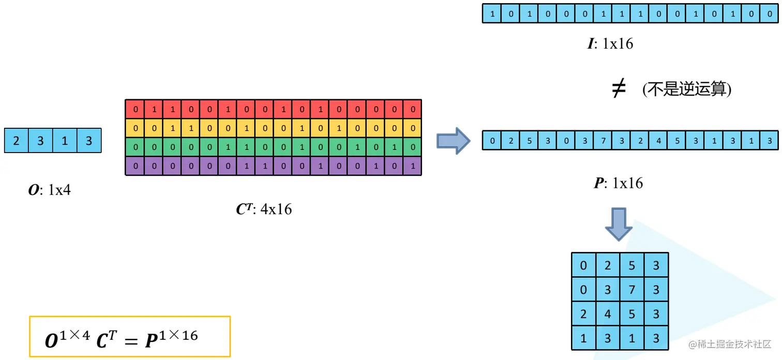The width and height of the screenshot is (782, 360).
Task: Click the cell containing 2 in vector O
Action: [x=17, y=141]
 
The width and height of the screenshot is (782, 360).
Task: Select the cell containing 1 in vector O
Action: [x=65, y=141]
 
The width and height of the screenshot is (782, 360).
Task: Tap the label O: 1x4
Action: [x=49, y=190]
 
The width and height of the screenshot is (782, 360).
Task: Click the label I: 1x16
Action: [x=610, y=43]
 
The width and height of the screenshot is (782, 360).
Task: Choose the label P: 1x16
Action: [x=618, y=183]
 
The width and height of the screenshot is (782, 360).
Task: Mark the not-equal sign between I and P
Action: [x=619, y=90]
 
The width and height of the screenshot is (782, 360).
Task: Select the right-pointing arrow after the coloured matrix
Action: [x=453, y=141]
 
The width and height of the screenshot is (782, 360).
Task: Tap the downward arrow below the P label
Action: [x=619, y=223]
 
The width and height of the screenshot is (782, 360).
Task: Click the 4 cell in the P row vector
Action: [x=658, y=141]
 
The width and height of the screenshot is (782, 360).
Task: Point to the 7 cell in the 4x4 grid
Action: [x=632, y=290]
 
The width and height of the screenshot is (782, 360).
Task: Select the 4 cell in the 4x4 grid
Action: [x=608, y=314]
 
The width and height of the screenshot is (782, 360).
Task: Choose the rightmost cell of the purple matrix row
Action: [x=412, y=166]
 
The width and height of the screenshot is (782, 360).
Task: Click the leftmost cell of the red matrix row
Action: [x=136, y=109]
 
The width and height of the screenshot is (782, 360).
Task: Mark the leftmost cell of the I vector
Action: [x=492, y=14]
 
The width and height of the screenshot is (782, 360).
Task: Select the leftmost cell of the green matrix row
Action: [x=136, y=147]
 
